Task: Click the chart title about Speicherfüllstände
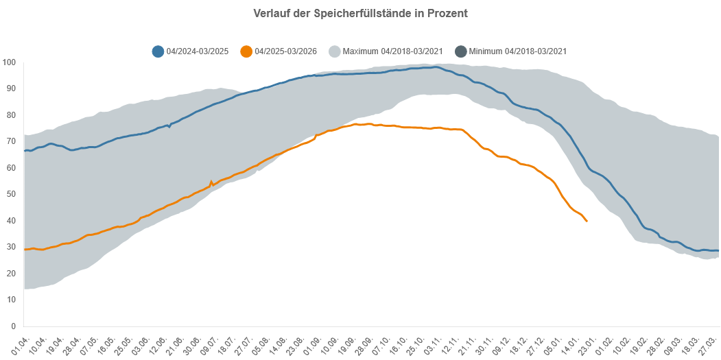[360, 13]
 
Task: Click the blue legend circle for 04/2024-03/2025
[158, 51]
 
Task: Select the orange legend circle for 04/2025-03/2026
[246, 51]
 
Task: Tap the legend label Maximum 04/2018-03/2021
[392, 51]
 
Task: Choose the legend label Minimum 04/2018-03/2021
[518, 51]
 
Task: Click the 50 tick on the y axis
[11, 194]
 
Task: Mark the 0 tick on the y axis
[13, 326]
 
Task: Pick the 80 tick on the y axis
[11, 115]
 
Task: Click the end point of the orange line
[587, 221]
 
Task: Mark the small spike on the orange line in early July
[211, 181]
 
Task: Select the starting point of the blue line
[25, 151]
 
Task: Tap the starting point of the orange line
[25, 250]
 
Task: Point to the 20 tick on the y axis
[11, 274]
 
